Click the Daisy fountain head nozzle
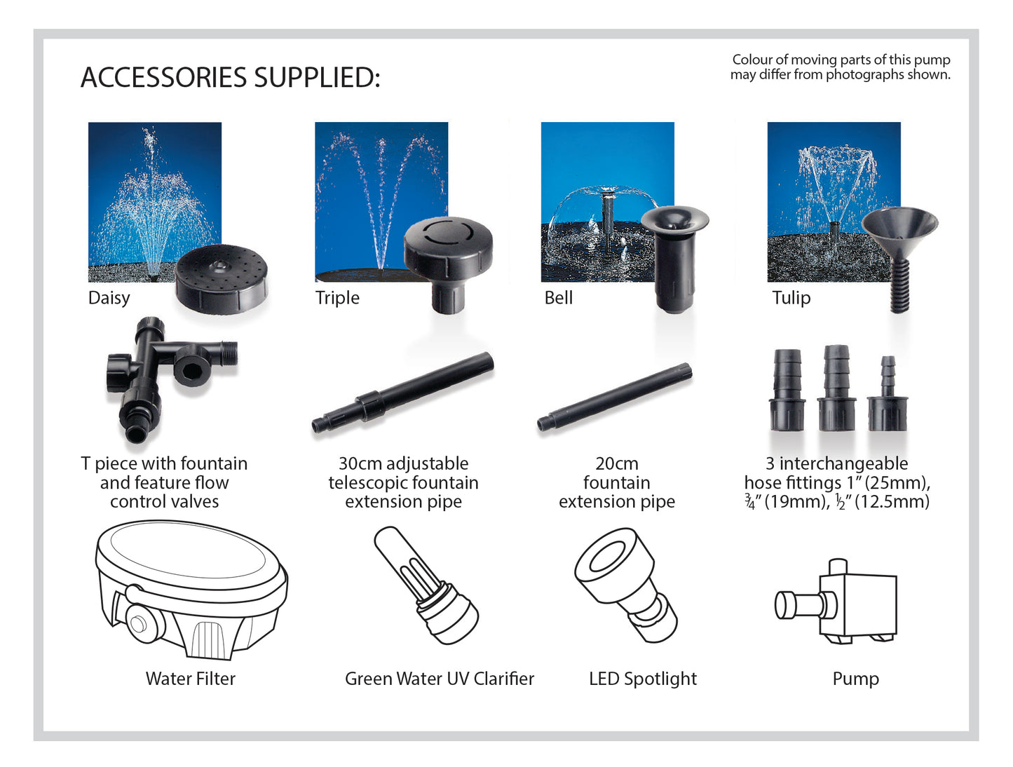[222, 279]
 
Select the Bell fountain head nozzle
[674, 259]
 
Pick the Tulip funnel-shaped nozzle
[899, 259]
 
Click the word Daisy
[109, 298]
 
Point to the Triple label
[337, 298]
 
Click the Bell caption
[559, 298]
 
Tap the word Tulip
[791, 298]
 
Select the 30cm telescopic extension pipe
[402, 393]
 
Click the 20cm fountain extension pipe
[615, 398]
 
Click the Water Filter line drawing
[191, 590]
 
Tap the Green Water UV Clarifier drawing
[426, 585]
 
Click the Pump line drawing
[836, 602]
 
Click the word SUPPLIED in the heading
[317, 78]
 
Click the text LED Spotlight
[643, 679]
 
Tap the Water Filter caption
[191, 679]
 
